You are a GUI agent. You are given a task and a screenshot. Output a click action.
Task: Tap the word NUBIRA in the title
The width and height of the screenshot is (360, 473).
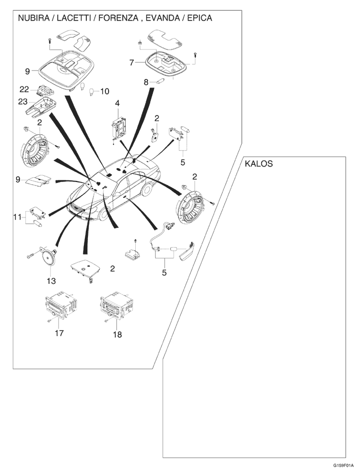(34, 18)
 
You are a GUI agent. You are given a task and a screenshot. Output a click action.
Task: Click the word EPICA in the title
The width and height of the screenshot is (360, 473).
(200, 18)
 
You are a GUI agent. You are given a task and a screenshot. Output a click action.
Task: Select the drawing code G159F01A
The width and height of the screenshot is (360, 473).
(343, 466)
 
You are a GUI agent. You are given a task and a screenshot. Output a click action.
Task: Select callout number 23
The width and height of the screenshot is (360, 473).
(23, 101)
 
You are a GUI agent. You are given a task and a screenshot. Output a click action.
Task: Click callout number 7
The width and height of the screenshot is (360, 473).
(132, 62)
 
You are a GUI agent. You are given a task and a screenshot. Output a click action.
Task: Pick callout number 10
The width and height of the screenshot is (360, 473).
(104, 92)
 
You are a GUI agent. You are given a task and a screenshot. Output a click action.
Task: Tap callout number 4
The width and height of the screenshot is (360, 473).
(117, 103)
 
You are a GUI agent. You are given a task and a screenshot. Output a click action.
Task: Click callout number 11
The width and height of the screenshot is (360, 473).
(17, 217)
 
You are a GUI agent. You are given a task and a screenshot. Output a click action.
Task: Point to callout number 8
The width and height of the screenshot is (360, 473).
(146, 82)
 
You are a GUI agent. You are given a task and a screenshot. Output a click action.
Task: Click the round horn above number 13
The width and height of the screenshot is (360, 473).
(48, 256)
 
